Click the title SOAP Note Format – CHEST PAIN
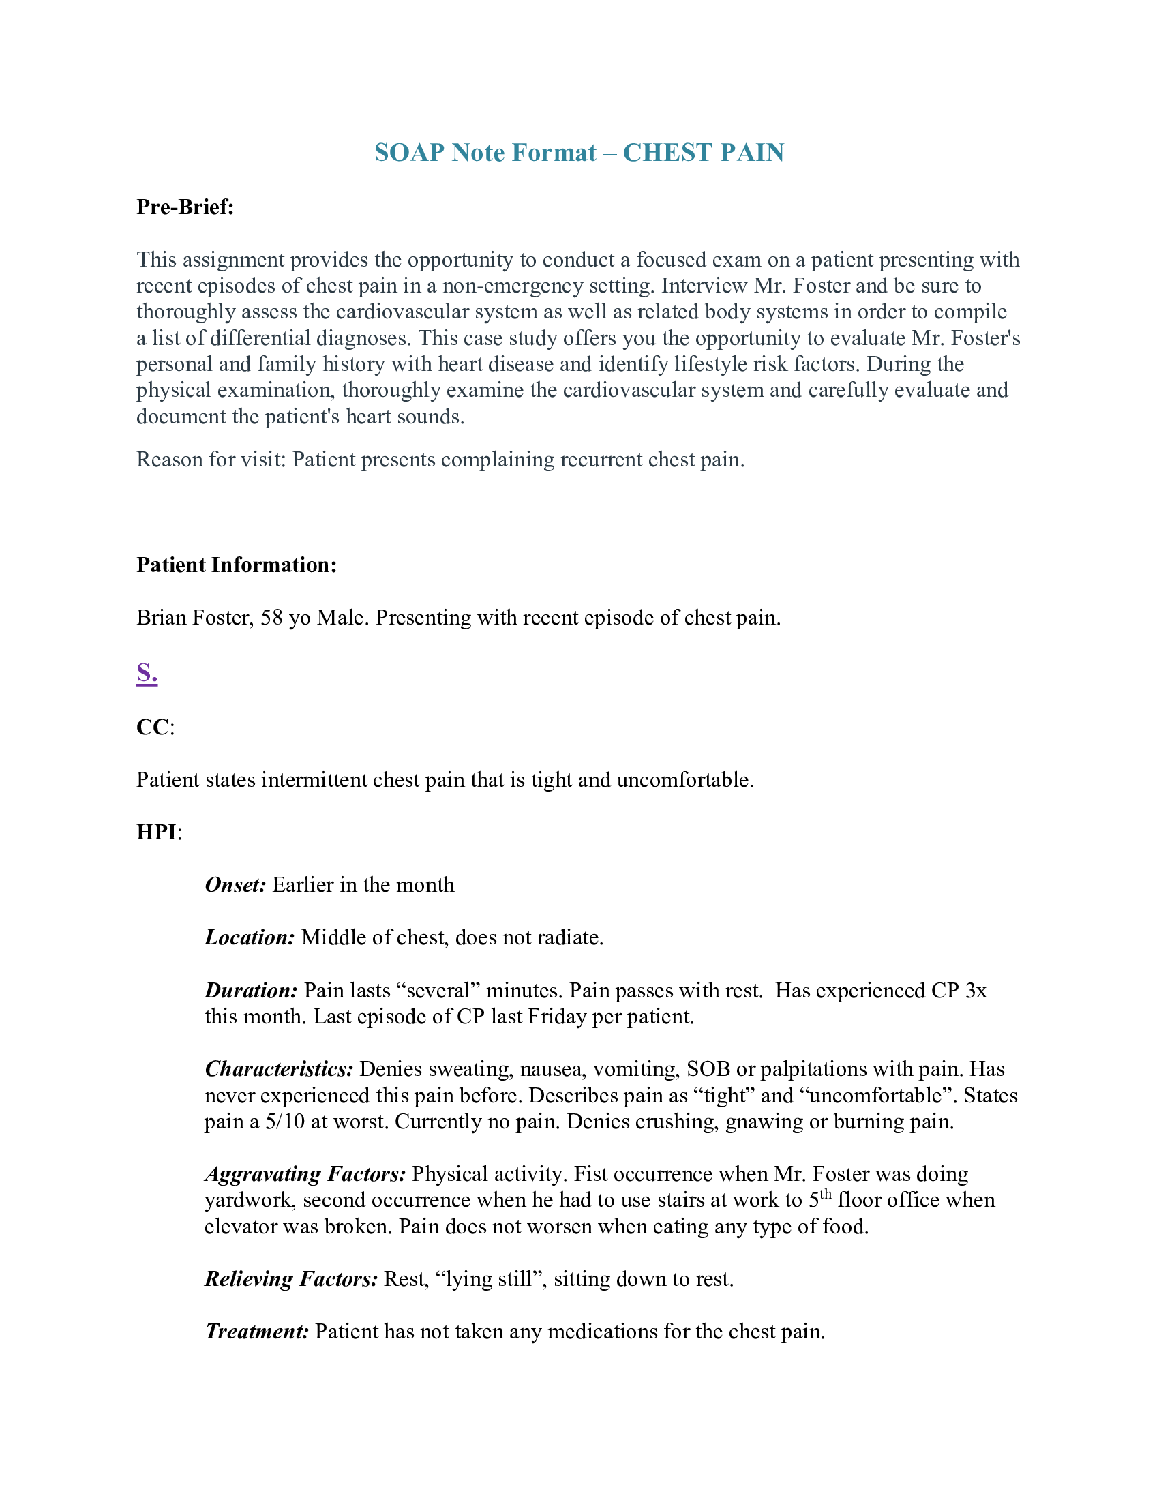pos(579,153)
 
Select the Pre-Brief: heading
pos(185,207)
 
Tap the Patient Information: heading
pos(237,565)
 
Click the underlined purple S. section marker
pos(147,672)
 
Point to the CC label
pos(153,727)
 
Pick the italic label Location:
pos(250,937)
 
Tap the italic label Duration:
pos(252,991)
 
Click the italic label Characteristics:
pos(279,1068)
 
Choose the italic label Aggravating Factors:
pos(305,1174)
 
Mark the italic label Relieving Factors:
pos(291,1279)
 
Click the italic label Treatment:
pos(258,1332)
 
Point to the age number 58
pos(271,618)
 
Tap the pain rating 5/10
pos(284,1122)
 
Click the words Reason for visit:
pos(211,460)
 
